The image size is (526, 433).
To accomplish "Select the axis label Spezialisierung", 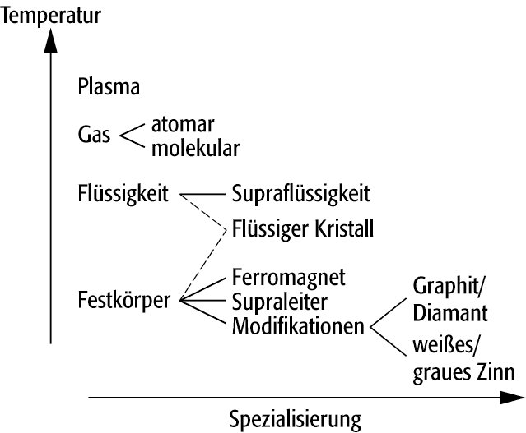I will pyautogui.click(x=295, y=421).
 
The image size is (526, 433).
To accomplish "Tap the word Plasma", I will pyautogui.click(x=107, y=86).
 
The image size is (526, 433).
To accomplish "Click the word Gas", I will pyautogui.click(x=94, y=135).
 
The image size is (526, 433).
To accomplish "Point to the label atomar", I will pyautogui.click(x=183, y=126).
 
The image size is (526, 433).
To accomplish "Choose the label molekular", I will pyautogui.click(x=195, y=149).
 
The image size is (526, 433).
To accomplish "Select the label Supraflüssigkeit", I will pyautogui.click(x=300, y=195).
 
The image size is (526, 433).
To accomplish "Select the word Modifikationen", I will pyautogui.click(x=298, y=325).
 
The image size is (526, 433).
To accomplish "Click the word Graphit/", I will pyautogui.click(x=449, y=288).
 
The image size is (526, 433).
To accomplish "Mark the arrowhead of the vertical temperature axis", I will pyautogui.click(x=51, y=39).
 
